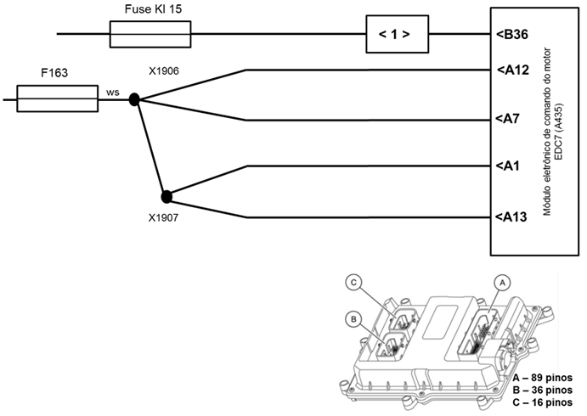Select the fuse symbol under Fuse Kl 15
151,35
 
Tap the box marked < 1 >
395,35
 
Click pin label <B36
512,35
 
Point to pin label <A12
512,70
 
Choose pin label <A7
509,119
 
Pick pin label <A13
512,217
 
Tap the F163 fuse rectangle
58,99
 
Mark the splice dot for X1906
134,100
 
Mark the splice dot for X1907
167,197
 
